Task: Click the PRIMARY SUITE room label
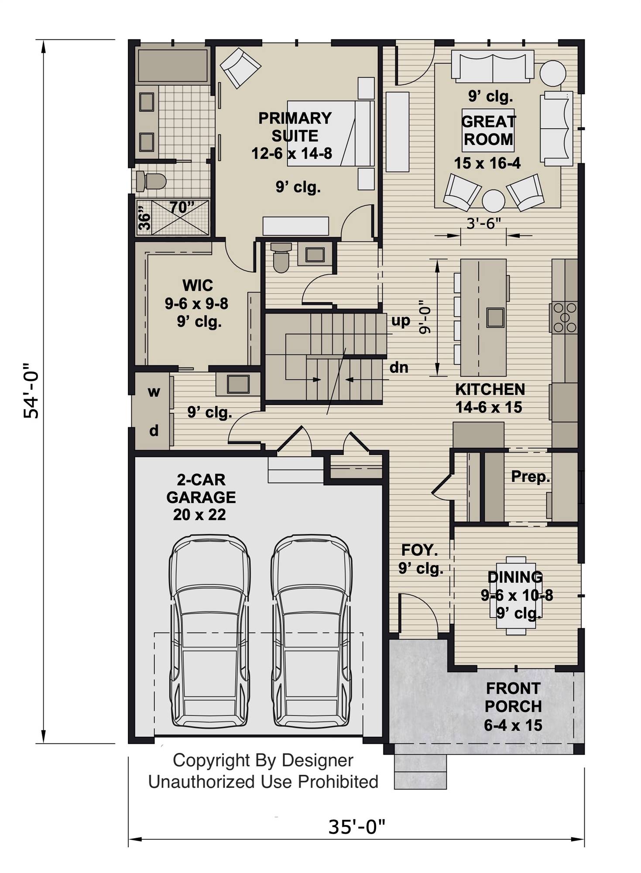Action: [295, 127]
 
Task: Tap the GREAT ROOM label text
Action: [488, 130]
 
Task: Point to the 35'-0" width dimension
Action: [356, 826]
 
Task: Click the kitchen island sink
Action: [495, 317]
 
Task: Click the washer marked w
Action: [153, 392]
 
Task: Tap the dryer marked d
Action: [154, 431]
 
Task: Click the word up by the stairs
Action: [400, 321]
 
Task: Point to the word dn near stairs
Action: [398, 368]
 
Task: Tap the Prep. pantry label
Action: [530, 476]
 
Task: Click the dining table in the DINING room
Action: [516, 595]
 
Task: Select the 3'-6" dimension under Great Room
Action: [483, 223]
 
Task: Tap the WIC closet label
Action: [198, 285]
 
